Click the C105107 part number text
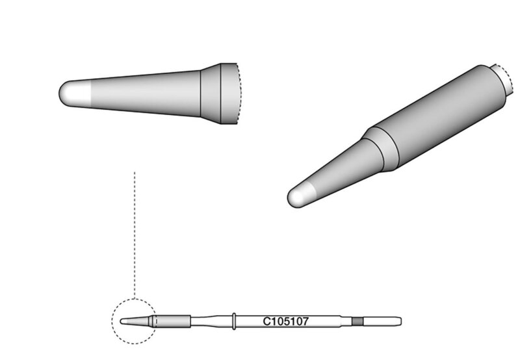(x=285, y=321)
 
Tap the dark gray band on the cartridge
(x=357, y=321)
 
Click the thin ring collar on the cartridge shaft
(x=234, y=321)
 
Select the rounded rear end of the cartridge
(x=399, y=321)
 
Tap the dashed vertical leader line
(x=135, y=234)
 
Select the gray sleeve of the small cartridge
(x=173, y=321)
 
